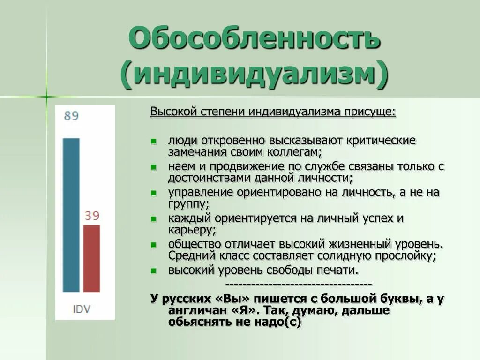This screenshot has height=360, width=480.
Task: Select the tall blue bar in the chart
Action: (x=71, y=215)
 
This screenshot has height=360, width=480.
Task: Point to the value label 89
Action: (x=71, y=116)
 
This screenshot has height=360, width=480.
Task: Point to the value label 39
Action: (x=92, y=216)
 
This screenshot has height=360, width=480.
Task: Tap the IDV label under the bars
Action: (x=82, y=309)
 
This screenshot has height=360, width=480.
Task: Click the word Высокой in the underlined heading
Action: (x=173, y=113)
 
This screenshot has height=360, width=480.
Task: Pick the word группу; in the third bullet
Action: (x=188, y=204)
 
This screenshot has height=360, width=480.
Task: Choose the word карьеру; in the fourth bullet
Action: (x=192, y=230)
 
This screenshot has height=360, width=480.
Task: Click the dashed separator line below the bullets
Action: (x=299, y=284)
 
